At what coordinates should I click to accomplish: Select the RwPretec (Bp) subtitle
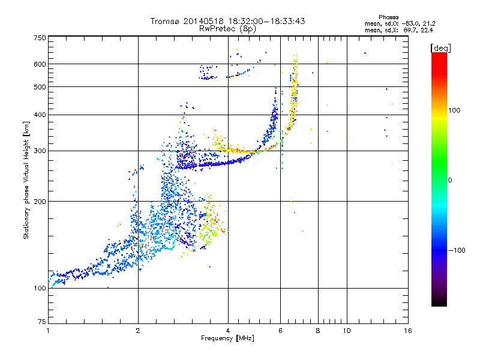[x=228, y=28]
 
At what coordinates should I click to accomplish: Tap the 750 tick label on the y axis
[x=40, y=37]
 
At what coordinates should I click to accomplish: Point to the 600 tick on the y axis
[x=40, y=64]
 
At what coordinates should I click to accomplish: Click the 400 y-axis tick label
[x=40, y=115]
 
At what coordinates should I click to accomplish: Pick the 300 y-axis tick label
[x=40, y=151]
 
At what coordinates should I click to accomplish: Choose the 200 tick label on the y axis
[x=40, y=202]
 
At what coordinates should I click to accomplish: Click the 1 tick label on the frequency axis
[x=48, y=330]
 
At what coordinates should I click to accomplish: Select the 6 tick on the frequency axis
[x=280, y=330]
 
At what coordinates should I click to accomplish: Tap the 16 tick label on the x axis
[x=408, y=330]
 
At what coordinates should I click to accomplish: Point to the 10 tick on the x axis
[x=346, y=330]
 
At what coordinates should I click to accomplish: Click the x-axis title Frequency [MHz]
[x=227, y=338]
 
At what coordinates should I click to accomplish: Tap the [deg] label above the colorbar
[x=440, y=47]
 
